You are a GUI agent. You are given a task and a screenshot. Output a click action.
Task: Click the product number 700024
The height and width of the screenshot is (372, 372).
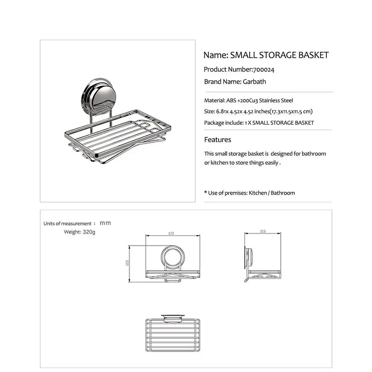[264, 69]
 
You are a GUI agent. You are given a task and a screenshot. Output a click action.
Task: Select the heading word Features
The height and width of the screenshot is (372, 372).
[218, 140]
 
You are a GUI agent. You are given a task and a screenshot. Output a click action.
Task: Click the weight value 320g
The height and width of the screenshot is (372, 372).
[89, 232]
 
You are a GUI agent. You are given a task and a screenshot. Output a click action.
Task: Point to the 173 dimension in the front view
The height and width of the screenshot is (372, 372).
[171, 233]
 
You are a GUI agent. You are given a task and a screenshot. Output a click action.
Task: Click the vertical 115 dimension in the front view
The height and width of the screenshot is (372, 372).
[127, 263]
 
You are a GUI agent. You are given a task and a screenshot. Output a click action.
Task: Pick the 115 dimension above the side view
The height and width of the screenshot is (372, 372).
[263, 232]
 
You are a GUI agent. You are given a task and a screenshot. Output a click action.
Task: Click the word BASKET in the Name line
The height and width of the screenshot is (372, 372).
[314, 55]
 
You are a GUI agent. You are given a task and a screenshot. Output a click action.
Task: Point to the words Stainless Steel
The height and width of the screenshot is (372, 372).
[276, 100]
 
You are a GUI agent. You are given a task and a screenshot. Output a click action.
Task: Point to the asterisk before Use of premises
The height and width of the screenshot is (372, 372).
[206, 193]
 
